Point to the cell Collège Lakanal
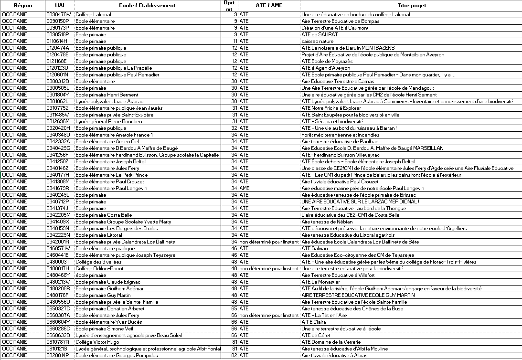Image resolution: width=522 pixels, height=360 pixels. click(x=94, y=14)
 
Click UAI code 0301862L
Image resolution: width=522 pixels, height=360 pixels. click(x=58, y=101)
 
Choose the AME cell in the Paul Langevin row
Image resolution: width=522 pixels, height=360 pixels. click(x=244, y=188)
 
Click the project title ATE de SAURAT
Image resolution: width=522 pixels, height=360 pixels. click(x=320, y=34)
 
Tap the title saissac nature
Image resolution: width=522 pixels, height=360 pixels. click(x=317, y=41)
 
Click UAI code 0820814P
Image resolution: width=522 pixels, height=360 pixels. click(x=58, y=355)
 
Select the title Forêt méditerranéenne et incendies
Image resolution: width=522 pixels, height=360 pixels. click(x=339, y=135)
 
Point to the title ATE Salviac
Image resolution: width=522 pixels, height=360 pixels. click(x=315, y=248)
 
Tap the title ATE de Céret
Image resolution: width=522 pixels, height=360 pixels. click(x=316, y=335)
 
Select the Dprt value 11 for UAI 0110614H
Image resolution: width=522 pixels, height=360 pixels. click(x=234, y=41)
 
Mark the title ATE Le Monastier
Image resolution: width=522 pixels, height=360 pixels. click(x=320, y=282)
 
